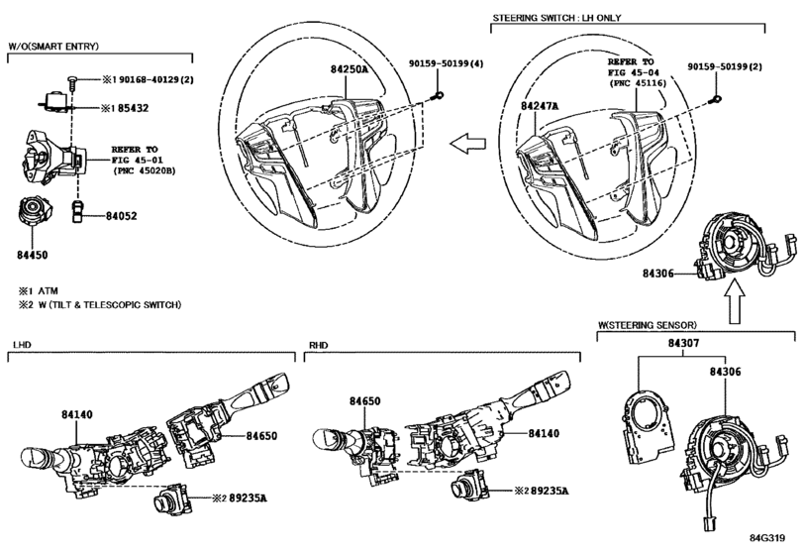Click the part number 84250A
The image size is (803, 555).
tap(349, 69)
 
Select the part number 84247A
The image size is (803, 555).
tap(540, 106)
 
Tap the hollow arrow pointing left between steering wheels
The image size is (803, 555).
tap(467, 143)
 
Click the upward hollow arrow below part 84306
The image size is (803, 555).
tap(735, 301)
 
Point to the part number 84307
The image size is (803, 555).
tap(683, 343)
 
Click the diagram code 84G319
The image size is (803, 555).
tap(767, 538)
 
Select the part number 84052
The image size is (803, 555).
tap(122, 216)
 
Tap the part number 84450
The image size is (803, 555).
tap(33, 255)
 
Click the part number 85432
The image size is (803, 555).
tap(133, 108)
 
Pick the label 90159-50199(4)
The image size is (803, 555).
tap(446, 63)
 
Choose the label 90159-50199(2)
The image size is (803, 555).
tap(725, 66)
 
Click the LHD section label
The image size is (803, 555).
tap(22, 345)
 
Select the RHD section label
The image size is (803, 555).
tap(319, 345)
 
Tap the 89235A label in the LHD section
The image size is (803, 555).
tap(248, 498)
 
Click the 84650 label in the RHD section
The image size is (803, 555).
tap(365, 400)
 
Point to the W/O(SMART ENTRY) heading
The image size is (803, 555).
tap(53, 47)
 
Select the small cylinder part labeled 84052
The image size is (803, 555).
tap(77, 211)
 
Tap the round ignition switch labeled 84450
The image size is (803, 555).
tap(34, 211)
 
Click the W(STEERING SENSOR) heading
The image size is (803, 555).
tap(648, 325)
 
